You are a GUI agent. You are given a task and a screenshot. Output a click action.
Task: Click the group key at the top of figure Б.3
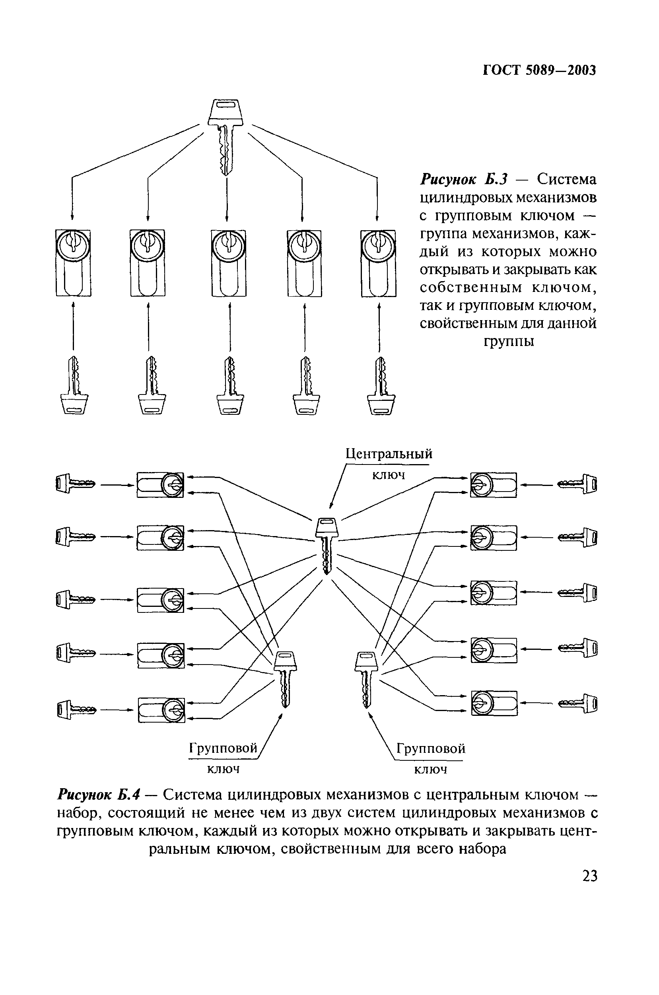point(225,134)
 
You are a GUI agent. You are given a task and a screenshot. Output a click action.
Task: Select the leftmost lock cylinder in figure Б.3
point(74,263)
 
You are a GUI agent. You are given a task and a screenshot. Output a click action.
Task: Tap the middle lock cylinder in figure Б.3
point(228,263)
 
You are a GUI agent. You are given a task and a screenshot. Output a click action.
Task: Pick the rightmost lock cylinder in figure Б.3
point(378,263)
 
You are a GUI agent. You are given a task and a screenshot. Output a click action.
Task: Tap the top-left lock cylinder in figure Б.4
point(160,485)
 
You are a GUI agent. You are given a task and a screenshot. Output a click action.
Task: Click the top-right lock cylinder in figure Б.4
point(493,485)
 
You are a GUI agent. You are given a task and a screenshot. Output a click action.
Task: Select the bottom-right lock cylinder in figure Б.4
point(494,703)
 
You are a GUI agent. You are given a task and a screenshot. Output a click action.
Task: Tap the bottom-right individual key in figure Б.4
point(578,703)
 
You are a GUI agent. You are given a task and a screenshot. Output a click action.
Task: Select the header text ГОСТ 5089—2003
point(539,70)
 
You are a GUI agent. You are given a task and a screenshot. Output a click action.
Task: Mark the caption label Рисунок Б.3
point(464,180)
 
